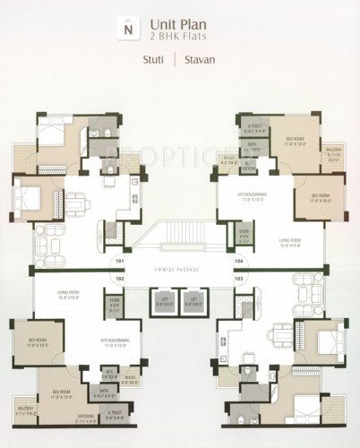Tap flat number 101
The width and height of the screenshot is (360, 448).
119,261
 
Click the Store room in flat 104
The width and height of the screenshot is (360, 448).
245,237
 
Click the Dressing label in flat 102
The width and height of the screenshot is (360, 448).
87,415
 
